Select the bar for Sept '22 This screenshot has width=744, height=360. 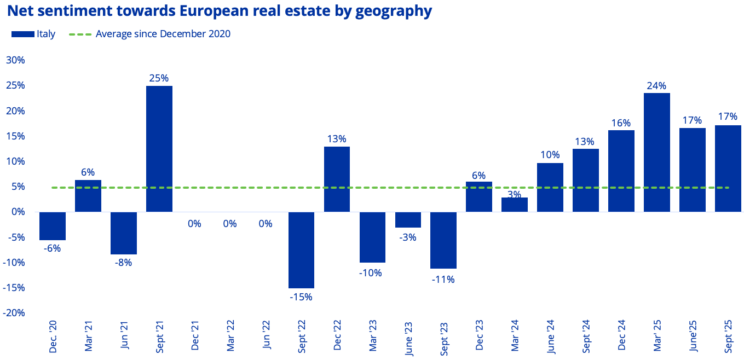pyautogui.click(x=301, y=249)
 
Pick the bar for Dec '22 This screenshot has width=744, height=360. pyautogui.click(x=337, y=179)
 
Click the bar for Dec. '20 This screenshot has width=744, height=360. pyautogui.click(x=53, y=226)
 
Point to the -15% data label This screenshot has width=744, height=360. pyautogui.click(x=301, y=297)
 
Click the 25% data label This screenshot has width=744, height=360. pyautogui.click(x=159, y=78)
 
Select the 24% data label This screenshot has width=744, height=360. pyautogui.click(x=656, y=85)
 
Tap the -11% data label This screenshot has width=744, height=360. pyautogui.click(x=443, y=279)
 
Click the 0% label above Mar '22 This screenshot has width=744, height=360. pyautogui.click(x=230, y=223)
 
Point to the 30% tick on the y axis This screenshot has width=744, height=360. pyautogui.click(x=15, y=60)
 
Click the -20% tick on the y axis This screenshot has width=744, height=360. pyautogui.click(x=14, y=313)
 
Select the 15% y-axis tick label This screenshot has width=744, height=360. pyautogui.click(x=15, y=136)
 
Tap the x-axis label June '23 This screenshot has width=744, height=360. pyautogui.click(x=408, y=339)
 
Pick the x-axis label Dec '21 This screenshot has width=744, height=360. pyautogui.click(x=195, y=339)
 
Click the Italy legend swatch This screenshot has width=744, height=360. pyautogui.click(x=22, y=34)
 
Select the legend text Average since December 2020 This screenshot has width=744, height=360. pyautogui.click(x=163, y=34)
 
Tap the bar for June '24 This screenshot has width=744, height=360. pyautogui.click(x=550, y=187)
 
